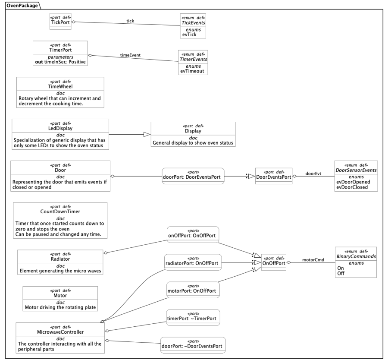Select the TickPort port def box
pyautogui.click(x=61, y=22)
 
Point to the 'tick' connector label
pyautogui.click(x=130, y=20)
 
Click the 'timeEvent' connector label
pyautogui.click(x=130, y=55)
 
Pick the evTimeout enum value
pyautogui.click(x=193, y=71)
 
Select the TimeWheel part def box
pyautogui.click(x=60, y=92)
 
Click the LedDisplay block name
pyautogui.click(x=60, y=129)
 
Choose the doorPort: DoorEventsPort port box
pyautogui.click(x=193, y=176)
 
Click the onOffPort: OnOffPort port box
pyautogui.click(x=193, y=235)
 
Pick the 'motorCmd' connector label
pyautogui.click(x=313, y=260)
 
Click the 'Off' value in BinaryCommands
pyautogui.click(x=341, y=273)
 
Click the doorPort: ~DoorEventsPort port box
pyautogui.click(x=193, y=345)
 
